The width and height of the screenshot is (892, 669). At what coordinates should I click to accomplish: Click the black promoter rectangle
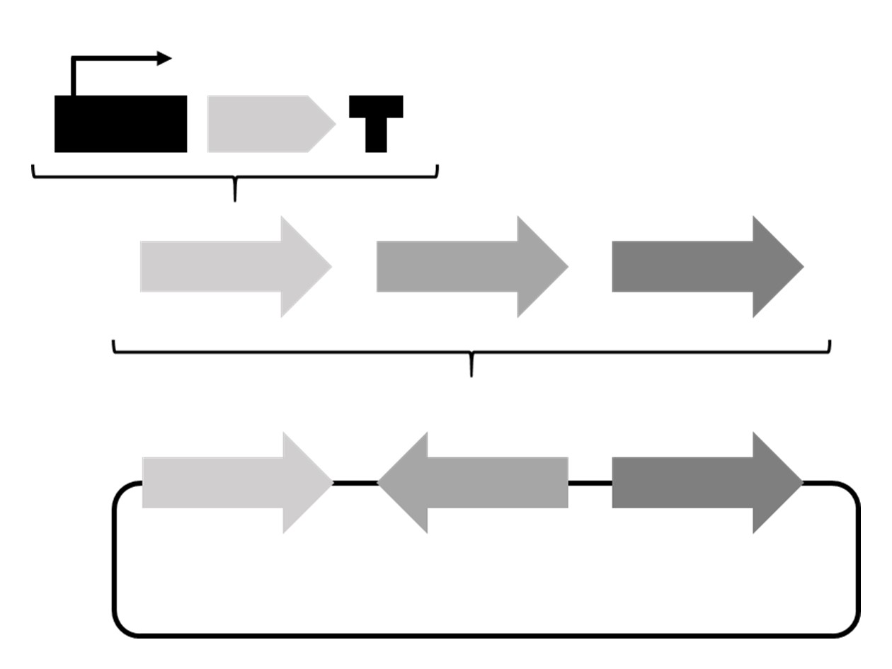(120, 124)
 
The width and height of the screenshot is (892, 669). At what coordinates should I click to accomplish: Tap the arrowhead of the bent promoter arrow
(164, 59)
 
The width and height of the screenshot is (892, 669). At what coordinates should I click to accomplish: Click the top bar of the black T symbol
(376, 106)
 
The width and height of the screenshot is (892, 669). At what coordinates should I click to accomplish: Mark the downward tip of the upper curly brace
(235, 198)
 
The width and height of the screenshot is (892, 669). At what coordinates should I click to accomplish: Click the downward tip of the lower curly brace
(471, 373)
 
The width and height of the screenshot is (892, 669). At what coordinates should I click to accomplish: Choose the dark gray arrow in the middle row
(701, 267)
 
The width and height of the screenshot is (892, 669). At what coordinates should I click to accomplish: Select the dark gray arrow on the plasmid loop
(701, 483)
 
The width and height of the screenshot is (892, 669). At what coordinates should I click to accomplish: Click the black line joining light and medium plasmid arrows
(355, 483)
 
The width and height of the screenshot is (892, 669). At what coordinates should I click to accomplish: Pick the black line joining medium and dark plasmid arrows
(590, 483)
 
